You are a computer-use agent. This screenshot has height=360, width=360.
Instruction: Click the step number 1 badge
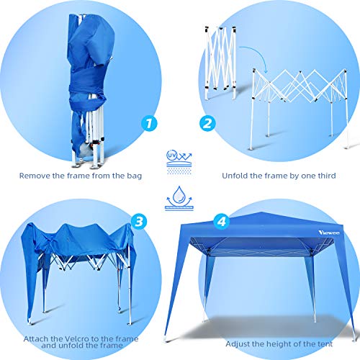click(x=148, y=123)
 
